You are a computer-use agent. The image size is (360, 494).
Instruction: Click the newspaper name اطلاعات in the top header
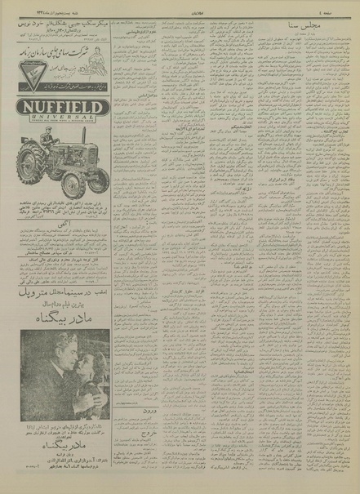(180, 7)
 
